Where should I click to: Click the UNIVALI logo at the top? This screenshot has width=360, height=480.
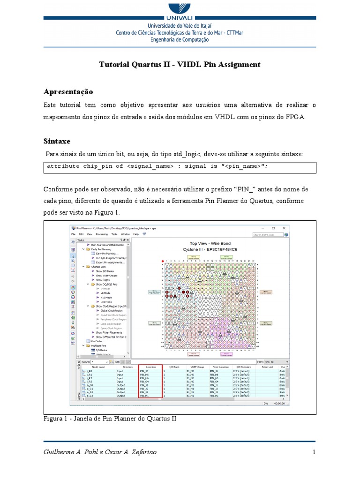180,10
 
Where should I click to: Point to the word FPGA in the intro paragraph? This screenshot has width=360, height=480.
294,117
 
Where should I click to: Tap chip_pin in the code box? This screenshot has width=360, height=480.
97,166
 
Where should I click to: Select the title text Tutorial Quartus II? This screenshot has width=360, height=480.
134,64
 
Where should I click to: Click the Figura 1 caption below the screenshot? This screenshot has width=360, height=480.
110,418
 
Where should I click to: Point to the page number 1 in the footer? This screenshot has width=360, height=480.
314,452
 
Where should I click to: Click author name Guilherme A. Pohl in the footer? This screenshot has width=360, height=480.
70,452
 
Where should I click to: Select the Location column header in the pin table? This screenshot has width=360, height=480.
150,367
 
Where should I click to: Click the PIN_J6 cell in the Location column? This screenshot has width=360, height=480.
144,371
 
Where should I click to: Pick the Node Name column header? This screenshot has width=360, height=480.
98,367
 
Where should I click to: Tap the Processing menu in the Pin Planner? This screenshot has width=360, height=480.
102,233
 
